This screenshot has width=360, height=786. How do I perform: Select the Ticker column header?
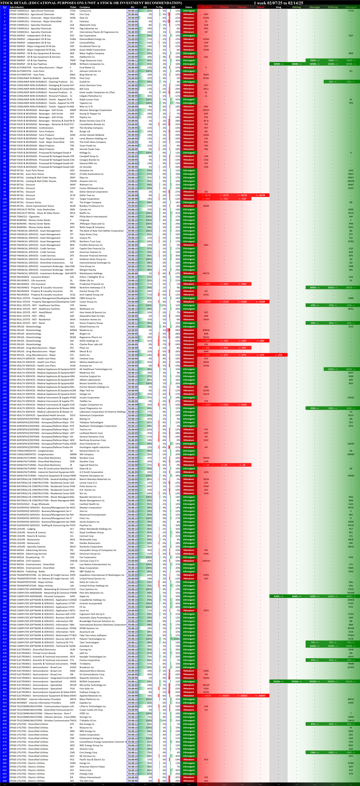73,7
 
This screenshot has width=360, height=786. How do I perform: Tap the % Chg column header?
159,7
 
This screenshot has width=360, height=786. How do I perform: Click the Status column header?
189,7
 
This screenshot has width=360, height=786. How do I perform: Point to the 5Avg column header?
278,7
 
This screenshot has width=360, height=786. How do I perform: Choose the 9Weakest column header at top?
206,7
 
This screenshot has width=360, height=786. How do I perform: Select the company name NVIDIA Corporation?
90,681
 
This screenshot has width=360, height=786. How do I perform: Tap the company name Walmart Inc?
86,185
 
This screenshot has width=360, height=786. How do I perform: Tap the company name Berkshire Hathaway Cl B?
92,287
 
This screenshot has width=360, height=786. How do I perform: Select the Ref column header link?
5,7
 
